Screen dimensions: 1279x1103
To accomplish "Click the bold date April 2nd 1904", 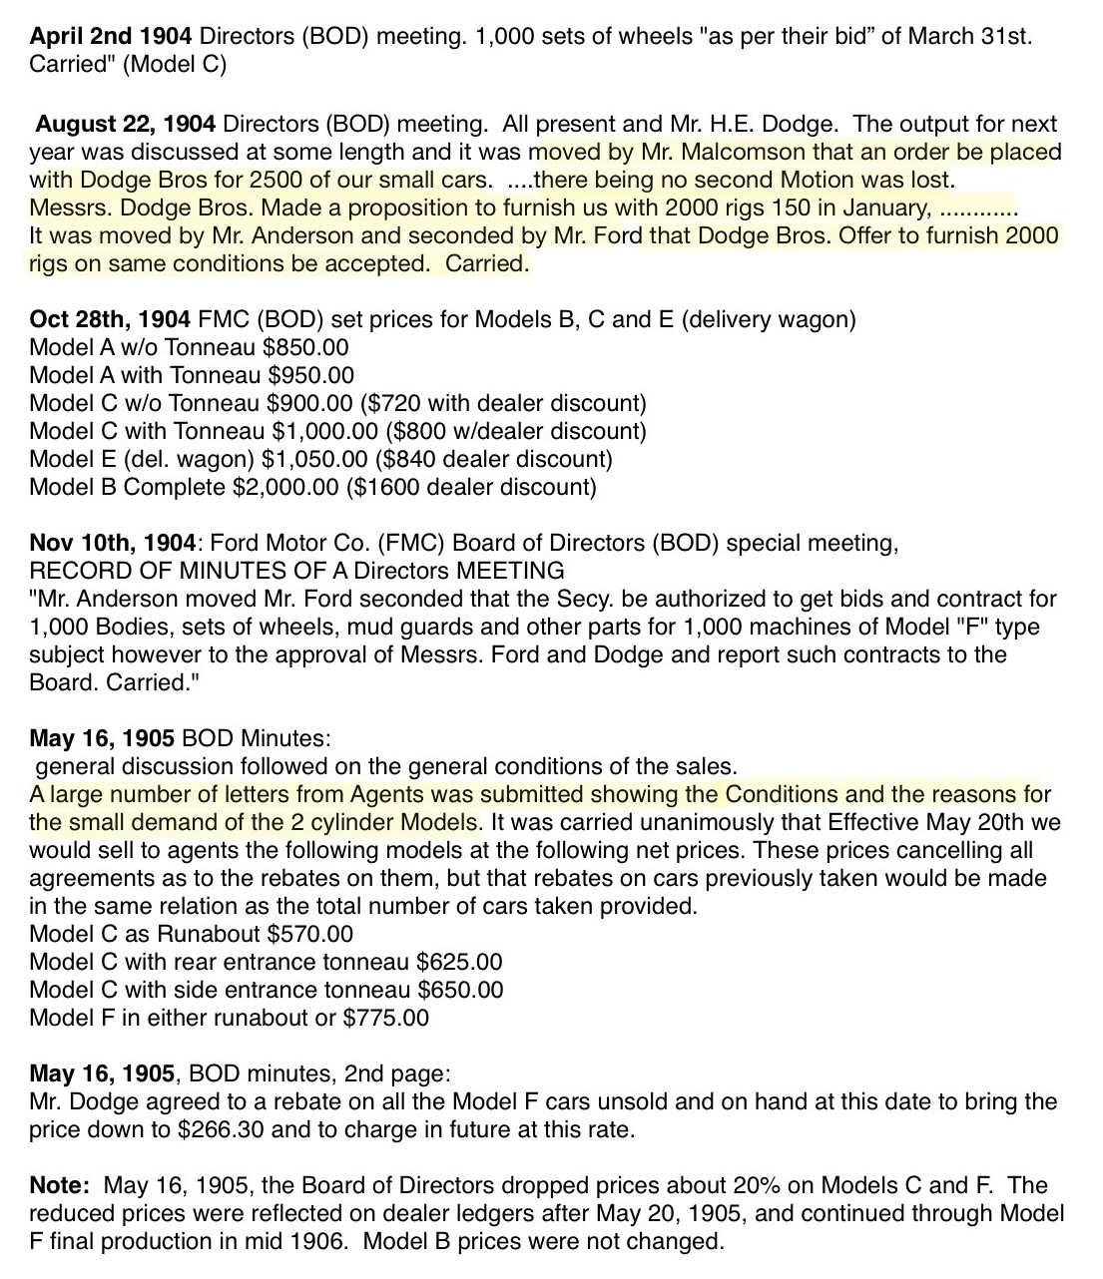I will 112,38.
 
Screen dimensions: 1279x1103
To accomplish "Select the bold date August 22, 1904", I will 126,125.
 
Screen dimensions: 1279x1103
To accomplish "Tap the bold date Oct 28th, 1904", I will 110,320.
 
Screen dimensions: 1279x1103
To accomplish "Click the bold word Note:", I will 61,1186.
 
